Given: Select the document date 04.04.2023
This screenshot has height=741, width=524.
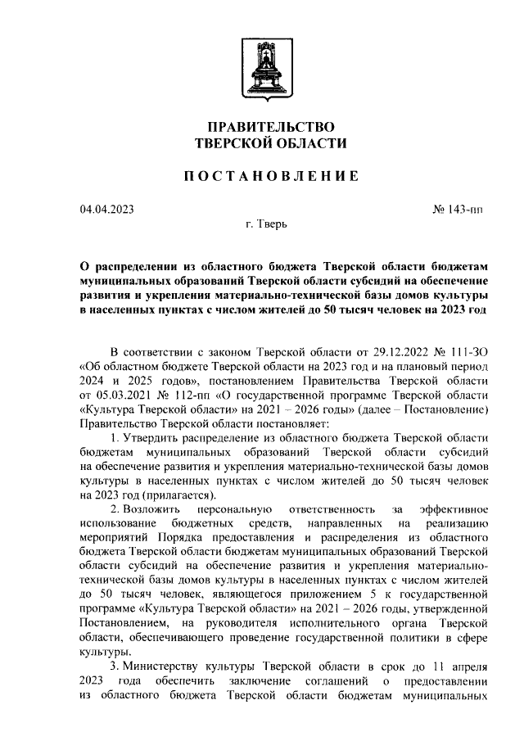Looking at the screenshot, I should point(106,210).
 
